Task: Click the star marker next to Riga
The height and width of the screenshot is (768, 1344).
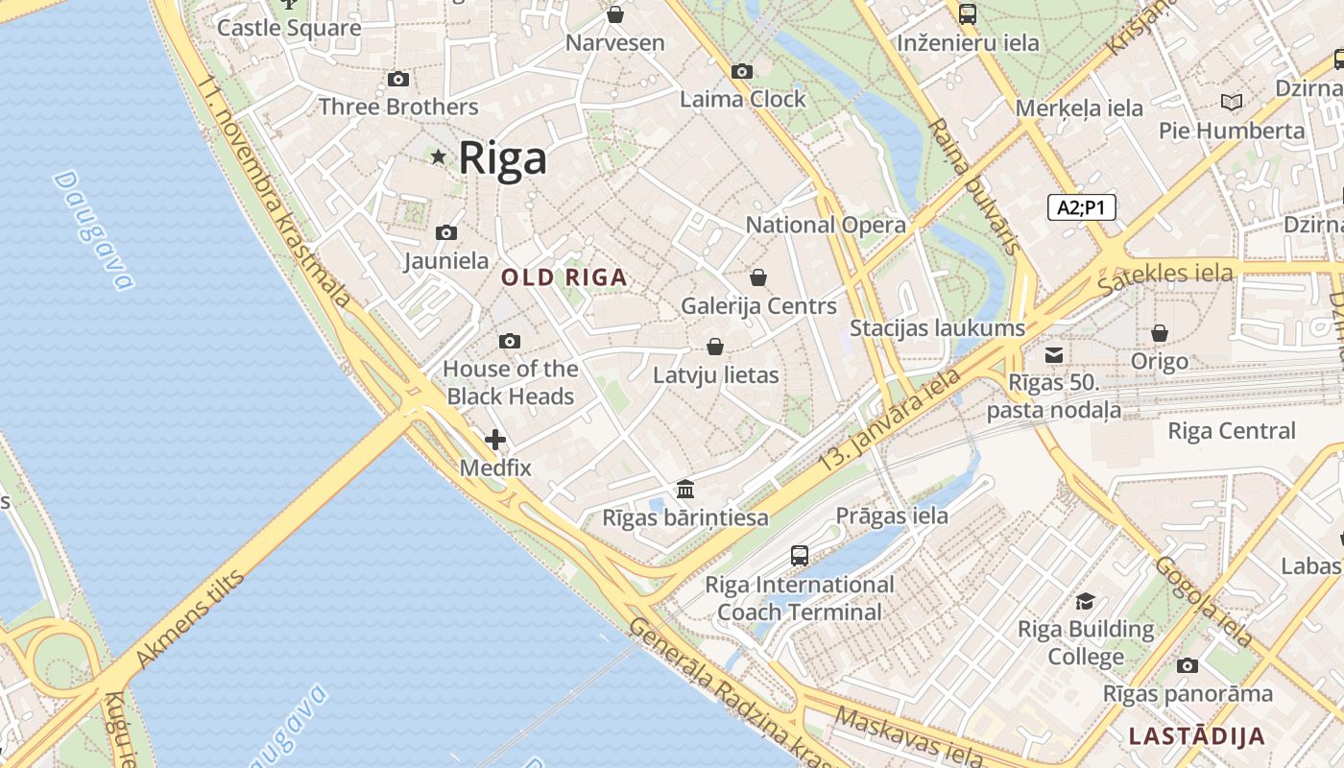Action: (x=439, y=156)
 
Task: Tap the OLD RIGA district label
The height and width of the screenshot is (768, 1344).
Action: (x=564, y=278)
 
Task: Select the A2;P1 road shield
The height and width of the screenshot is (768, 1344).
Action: (x=1081, y=207)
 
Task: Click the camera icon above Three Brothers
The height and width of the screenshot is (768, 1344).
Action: (x=397, y=80)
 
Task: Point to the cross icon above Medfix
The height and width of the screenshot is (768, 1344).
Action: (x=494, y=441)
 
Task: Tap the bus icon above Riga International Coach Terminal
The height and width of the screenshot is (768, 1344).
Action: (x=799, y=556)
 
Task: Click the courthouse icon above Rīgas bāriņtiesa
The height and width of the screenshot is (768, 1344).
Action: (x=685, y=490)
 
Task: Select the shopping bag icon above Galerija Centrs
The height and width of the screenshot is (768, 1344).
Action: (x=758, y=278)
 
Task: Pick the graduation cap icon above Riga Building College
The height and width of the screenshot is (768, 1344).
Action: (x=1086, y=602)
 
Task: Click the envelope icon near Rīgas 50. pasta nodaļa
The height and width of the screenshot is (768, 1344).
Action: (x=1054, y=355)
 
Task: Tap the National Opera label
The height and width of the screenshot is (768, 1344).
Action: (x=826, y=225)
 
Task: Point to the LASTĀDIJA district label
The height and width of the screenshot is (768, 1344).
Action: (x=1196, y=737)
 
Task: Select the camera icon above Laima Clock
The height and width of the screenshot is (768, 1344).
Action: (x=741, y=72)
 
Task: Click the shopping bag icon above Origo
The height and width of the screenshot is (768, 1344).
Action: (x=1160, y=334)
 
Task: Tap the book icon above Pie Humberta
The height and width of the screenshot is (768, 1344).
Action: (x=1231, y=102)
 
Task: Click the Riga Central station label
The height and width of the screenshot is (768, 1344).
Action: (x=1231, y=431)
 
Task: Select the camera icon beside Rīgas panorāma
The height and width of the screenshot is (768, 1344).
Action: (x=1187, y=666)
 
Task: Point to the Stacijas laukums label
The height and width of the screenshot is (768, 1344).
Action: (x=937, y=328)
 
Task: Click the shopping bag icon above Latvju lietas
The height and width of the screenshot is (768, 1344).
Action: (x=715, y=347)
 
